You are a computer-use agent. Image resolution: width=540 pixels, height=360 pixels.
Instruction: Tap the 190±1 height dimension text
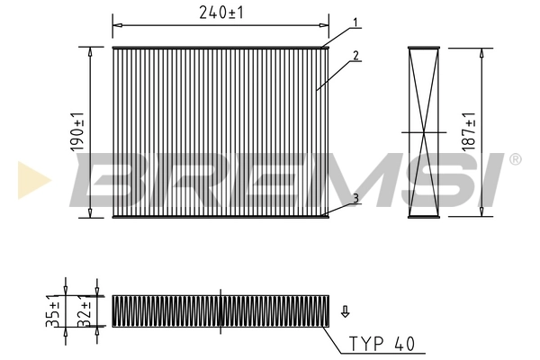point(79,131)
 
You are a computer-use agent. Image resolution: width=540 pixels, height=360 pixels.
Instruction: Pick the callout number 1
point(355,22)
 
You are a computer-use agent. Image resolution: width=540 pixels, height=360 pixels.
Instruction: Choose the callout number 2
point(356,56)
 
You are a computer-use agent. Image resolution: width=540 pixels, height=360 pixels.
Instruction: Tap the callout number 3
point(356,197)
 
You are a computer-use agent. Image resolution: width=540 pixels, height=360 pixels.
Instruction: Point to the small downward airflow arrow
point(345,312)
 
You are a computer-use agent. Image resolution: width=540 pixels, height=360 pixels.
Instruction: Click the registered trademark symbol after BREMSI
point(515,159)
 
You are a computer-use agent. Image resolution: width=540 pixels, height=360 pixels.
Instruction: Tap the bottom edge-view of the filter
point(220,310)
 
